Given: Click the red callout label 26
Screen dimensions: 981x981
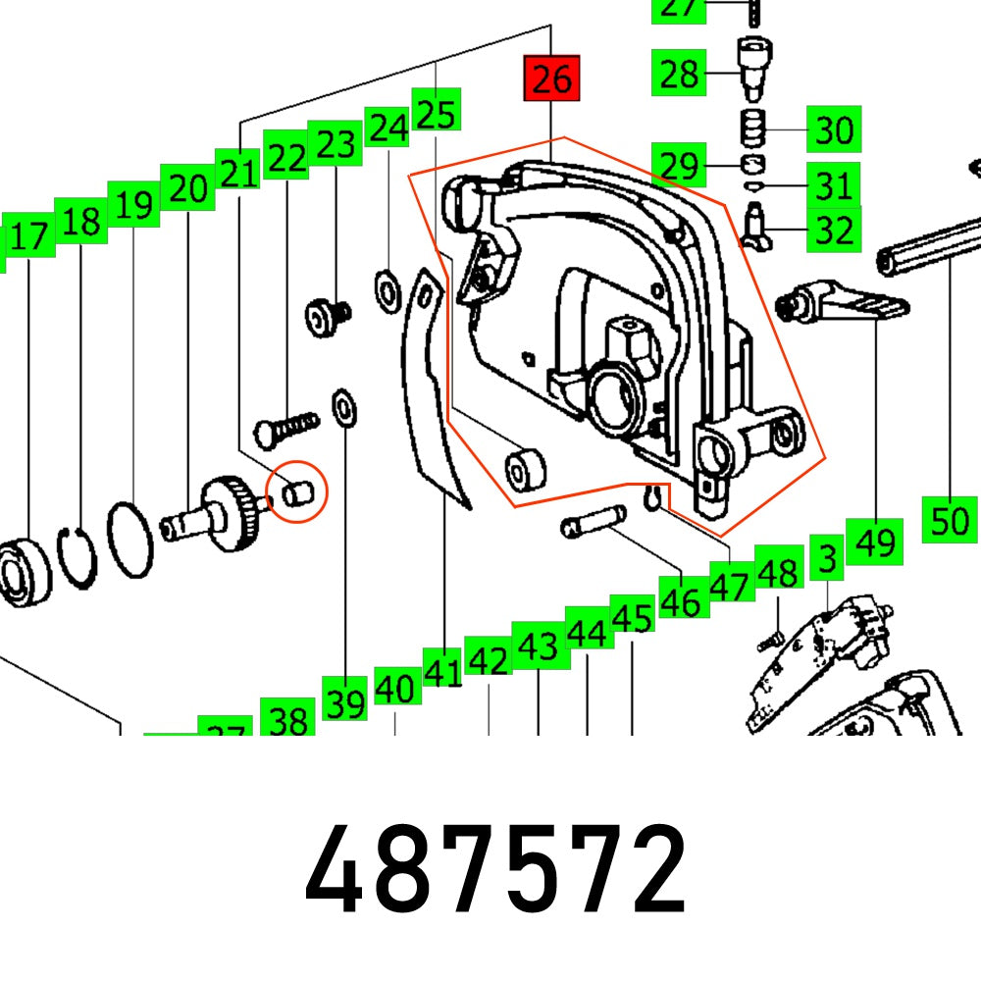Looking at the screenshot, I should [552, 78].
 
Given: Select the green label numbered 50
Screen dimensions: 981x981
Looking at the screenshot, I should [950, 520].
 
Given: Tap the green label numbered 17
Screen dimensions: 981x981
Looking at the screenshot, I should [28, 238].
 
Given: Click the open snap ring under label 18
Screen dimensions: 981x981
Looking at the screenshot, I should [77, 559].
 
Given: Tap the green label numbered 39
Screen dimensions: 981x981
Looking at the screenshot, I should [345, 703].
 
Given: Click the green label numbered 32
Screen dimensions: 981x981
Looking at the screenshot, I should [834, 232].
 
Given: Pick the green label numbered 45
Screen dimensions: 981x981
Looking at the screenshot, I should [632, 619].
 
